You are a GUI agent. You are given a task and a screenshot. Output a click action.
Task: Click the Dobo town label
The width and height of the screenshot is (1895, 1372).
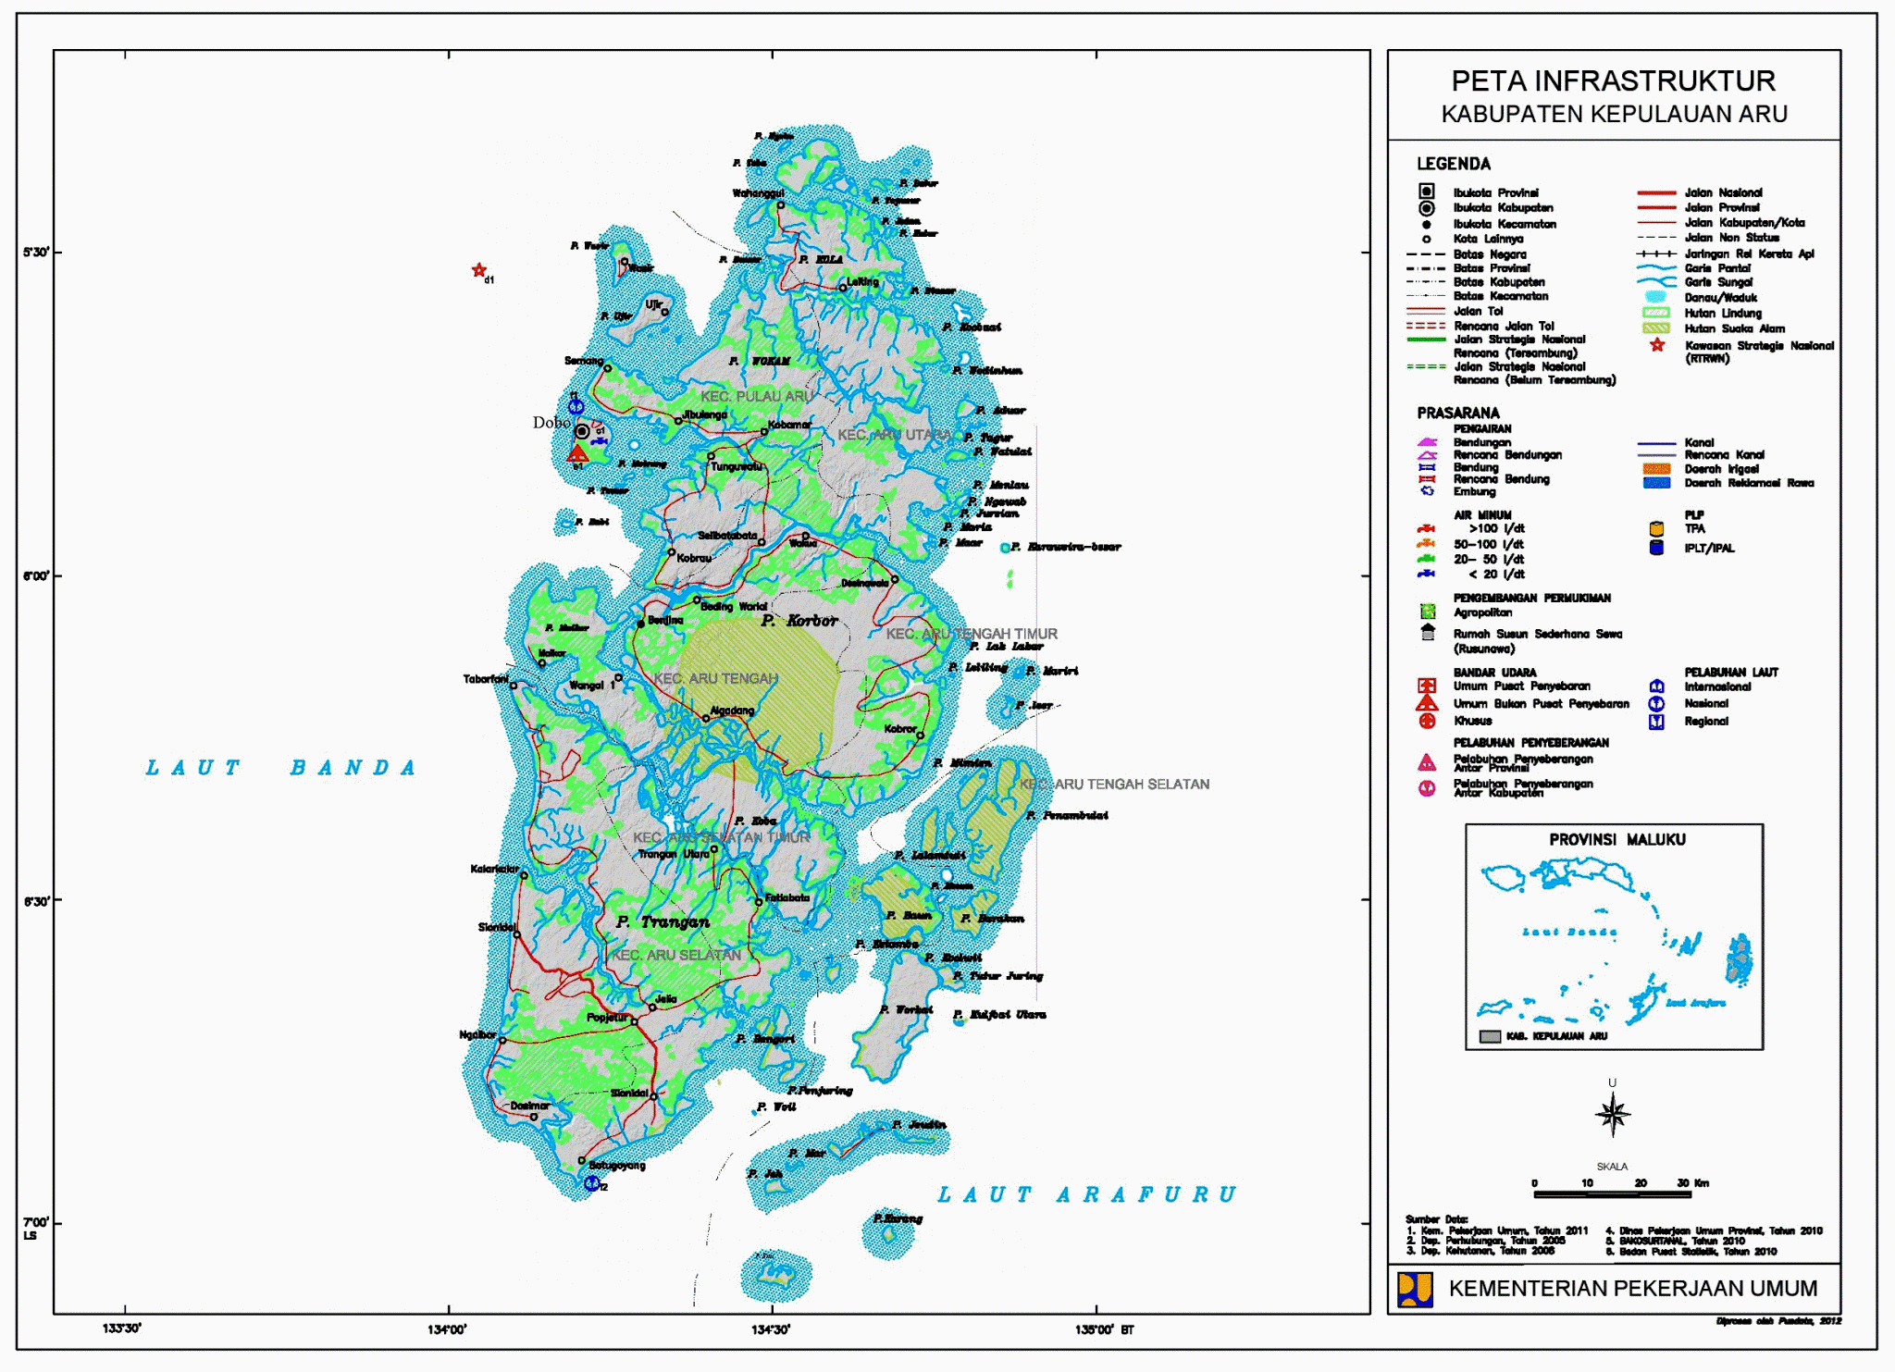coord(551,423)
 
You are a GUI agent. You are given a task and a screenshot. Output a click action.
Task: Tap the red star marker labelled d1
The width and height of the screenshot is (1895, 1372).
coord(478,270)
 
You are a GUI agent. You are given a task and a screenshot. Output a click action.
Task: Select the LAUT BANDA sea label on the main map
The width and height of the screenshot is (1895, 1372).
coord(281,768)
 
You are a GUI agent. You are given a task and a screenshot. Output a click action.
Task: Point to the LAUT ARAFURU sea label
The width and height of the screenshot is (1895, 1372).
coord(1086,1194)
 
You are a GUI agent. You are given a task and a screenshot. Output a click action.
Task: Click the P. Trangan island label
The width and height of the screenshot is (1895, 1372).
coord(663,921)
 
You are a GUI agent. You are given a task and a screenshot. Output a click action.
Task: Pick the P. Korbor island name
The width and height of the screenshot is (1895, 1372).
coord(799,620)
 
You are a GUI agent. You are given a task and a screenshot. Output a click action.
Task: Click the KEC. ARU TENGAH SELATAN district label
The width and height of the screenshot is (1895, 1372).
coord(1114,784)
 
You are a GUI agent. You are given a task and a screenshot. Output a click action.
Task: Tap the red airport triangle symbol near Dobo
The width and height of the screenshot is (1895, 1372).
coord(577,453)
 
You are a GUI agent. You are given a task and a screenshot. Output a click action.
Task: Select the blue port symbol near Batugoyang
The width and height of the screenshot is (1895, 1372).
coord(592,1182)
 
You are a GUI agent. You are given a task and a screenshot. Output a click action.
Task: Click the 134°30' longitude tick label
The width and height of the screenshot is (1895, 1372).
coord(771,1329)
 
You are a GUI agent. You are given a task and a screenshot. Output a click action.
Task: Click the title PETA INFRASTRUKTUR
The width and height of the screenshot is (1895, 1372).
coord(1613,81)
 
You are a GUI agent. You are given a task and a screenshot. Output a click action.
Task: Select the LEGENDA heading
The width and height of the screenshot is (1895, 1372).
coord(1454,164)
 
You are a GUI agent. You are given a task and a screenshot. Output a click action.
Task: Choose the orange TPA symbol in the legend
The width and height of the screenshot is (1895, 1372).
coord(1656,529)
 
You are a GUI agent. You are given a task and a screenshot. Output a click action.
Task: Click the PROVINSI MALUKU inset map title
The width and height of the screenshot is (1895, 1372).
coord(1616,839)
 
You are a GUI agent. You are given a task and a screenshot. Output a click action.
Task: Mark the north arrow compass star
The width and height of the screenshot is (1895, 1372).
coord(1612,1114)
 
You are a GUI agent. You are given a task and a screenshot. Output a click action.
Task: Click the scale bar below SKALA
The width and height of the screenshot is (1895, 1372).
coord(1612,1194)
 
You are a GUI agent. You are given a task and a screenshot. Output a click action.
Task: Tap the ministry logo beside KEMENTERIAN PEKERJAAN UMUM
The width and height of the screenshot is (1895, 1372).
coord(1415,1289)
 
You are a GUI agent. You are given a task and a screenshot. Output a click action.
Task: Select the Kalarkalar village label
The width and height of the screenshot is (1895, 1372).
coord(495,869)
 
